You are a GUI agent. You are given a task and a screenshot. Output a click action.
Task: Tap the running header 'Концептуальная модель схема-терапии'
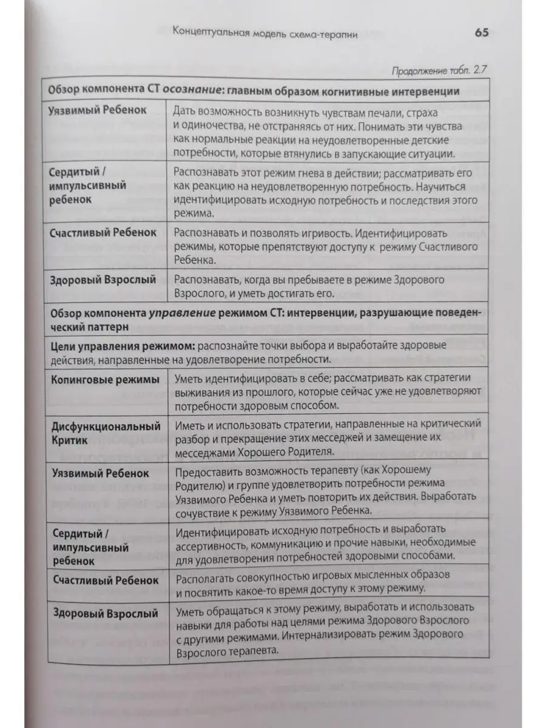pyautogui.click(x=265, y=34)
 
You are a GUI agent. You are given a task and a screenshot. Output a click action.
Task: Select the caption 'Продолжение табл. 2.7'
pyautogui.click(x=440, y=70)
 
